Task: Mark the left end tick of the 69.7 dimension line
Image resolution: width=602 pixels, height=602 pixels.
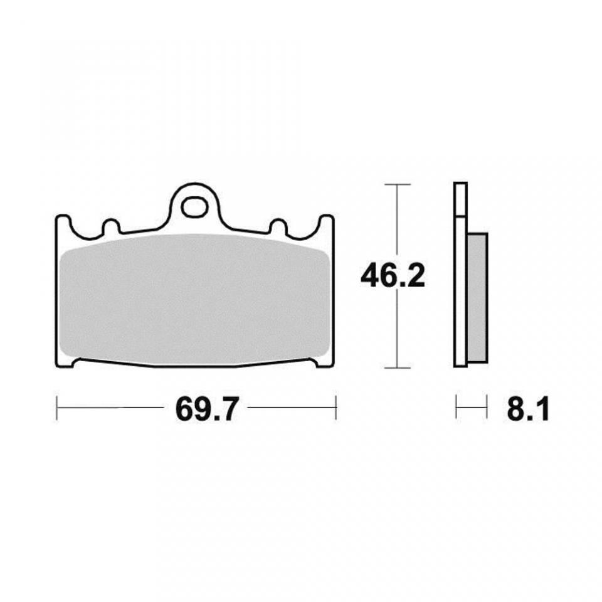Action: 57,408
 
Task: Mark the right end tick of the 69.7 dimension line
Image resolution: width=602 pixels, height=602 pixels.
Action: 337,408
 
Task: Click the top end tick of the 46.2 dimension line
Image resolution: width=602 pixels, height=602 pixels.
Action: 396,184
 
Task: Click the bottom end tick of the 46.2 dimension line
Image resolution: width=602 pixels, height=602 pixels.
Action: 396,367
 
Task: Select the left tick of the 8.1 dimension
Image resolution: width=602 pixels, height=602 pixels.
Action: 456,408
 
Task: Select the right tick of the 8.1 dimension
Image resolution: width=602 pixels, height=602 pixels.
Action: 487,408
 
